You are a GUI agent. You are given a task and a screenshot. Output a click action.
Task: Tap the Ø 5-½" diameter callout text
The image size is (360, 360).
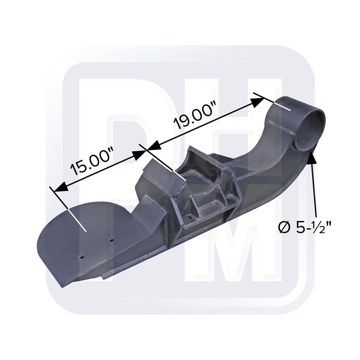305,228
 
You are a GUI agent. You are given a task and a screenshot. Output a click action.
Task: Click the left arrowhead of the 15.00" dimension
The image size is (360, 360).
59,186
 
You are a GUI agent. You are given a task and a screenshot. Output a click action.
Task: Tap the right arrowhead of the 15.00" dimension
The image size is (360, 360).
139,154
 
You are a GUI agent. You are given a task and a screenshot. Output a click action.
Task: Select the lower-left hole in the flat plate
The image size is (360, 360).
82,257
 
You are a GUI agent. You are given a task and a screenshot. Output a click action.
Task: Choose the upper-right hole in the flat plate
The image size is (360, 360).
112,239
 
